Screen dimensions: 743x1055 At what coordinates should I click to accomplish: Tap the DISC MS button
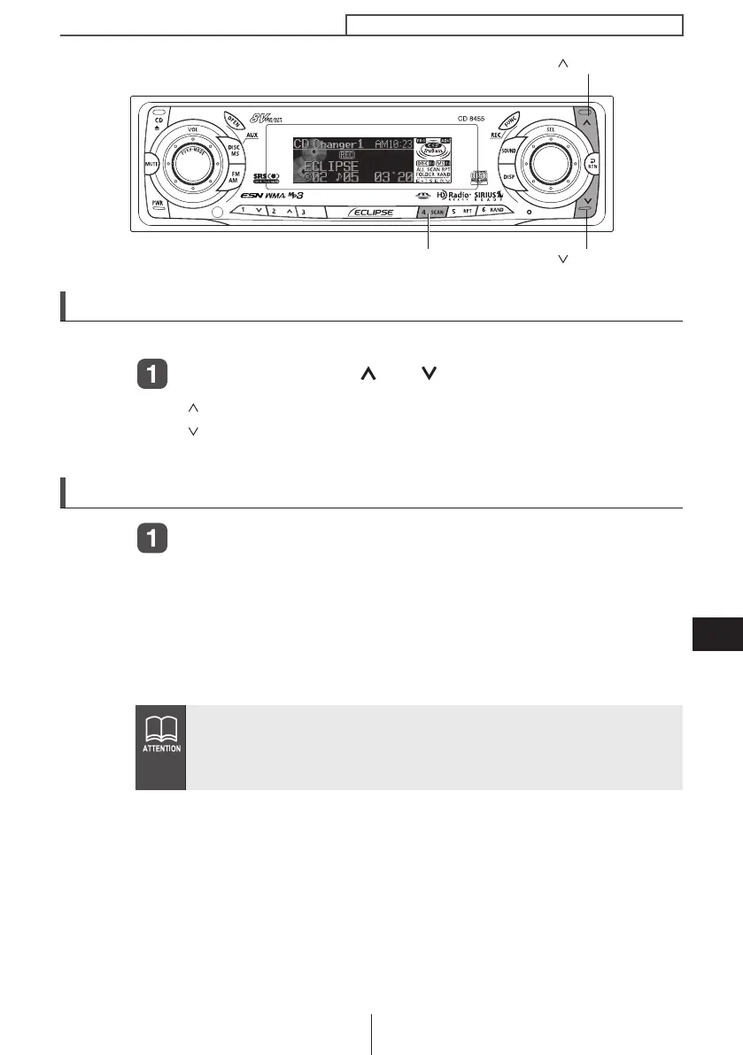click(x=235, y=151)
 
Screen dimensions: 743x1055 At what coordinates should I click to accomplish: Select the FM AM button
click(x=234, y=177)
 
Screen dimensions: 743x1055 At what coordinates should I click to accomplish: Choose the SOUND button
click(x=508, y=151)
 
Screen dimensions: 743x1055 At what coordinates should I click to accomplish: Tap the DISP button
click(x=509, y=175)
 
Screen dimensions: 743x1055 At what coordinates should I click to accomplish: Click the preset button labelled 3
click(x=303, y=213)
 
